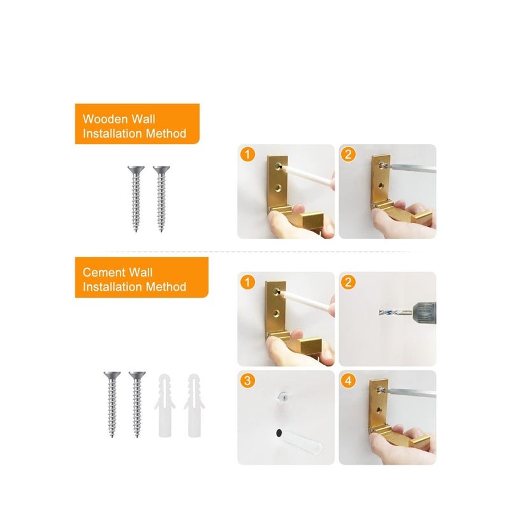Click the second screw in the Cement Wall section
(x=136, y=404)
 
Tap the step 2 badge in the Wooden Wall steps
(x=349, y=155)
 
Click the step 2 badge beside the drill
(x=349, y=282)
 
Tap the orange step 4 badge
(x=349, y=381)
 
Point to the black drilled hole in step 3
(x=279, y=433)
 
